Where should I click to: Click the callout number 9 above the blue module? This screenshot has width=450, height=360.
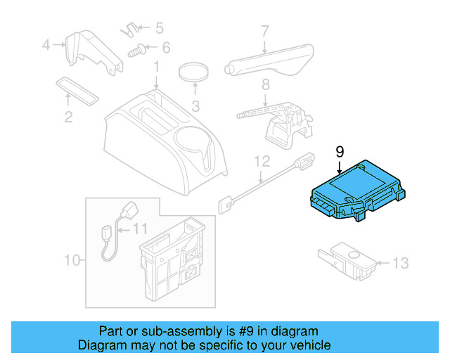click(340, 152)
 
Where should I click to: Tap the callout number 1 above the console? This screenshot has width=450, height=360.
click(156, 68)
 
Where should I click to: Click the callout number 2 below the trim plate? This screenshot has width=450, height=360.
click(68, 117)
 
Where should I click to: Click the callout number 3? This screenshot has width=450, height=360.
click(195, 107)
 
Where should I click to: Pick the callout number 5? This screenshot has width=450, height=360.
click(159, 29)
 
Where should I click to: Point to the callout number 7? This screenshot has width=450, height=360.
click(265, 32)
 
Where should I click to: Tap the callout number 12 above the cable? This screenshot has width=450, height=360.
click(262, 161)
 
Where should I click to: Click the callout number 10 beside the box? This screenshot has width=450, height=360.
click(73, 261)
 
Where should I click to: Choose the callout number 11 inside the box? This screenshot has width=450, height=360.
click(141, 229)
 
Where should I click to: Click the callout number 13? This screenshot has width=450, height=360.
click(399, 264)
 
